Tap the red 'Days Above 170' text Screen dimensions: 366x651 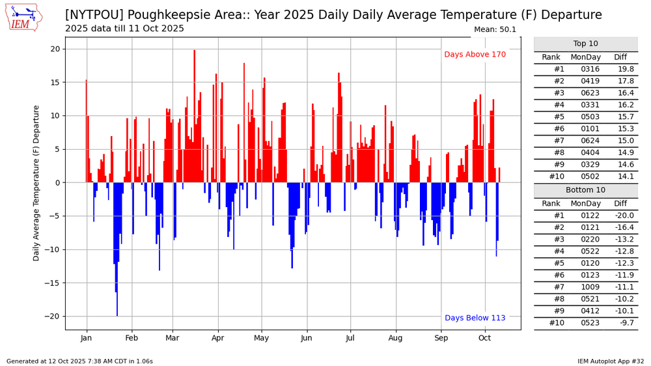[x=475, y=55]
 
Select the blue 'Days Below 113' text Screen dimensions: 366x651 [x=475, y=318]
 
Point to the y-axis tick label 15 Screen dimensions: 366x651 [x=55, y=83]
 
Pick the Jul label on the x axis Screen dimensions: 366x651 [x=350, y=338]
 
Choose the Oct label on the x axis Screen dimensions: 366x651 [x=484, y=338]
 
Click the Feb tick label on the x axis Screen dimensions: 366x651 [x=132, y=338]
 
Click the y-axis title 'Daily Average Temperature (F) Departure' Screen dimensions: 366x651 [x=37, y=183]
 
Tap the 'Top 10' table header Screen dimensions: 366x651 [x=585, y=44]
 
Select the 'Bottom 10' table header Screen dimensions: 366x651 [x=585, y=190]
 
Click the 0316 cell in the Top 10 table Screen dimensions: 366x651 [x=585, y=69]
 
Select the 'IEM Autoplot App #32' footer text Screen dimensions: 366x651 [x=610, y=361]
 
